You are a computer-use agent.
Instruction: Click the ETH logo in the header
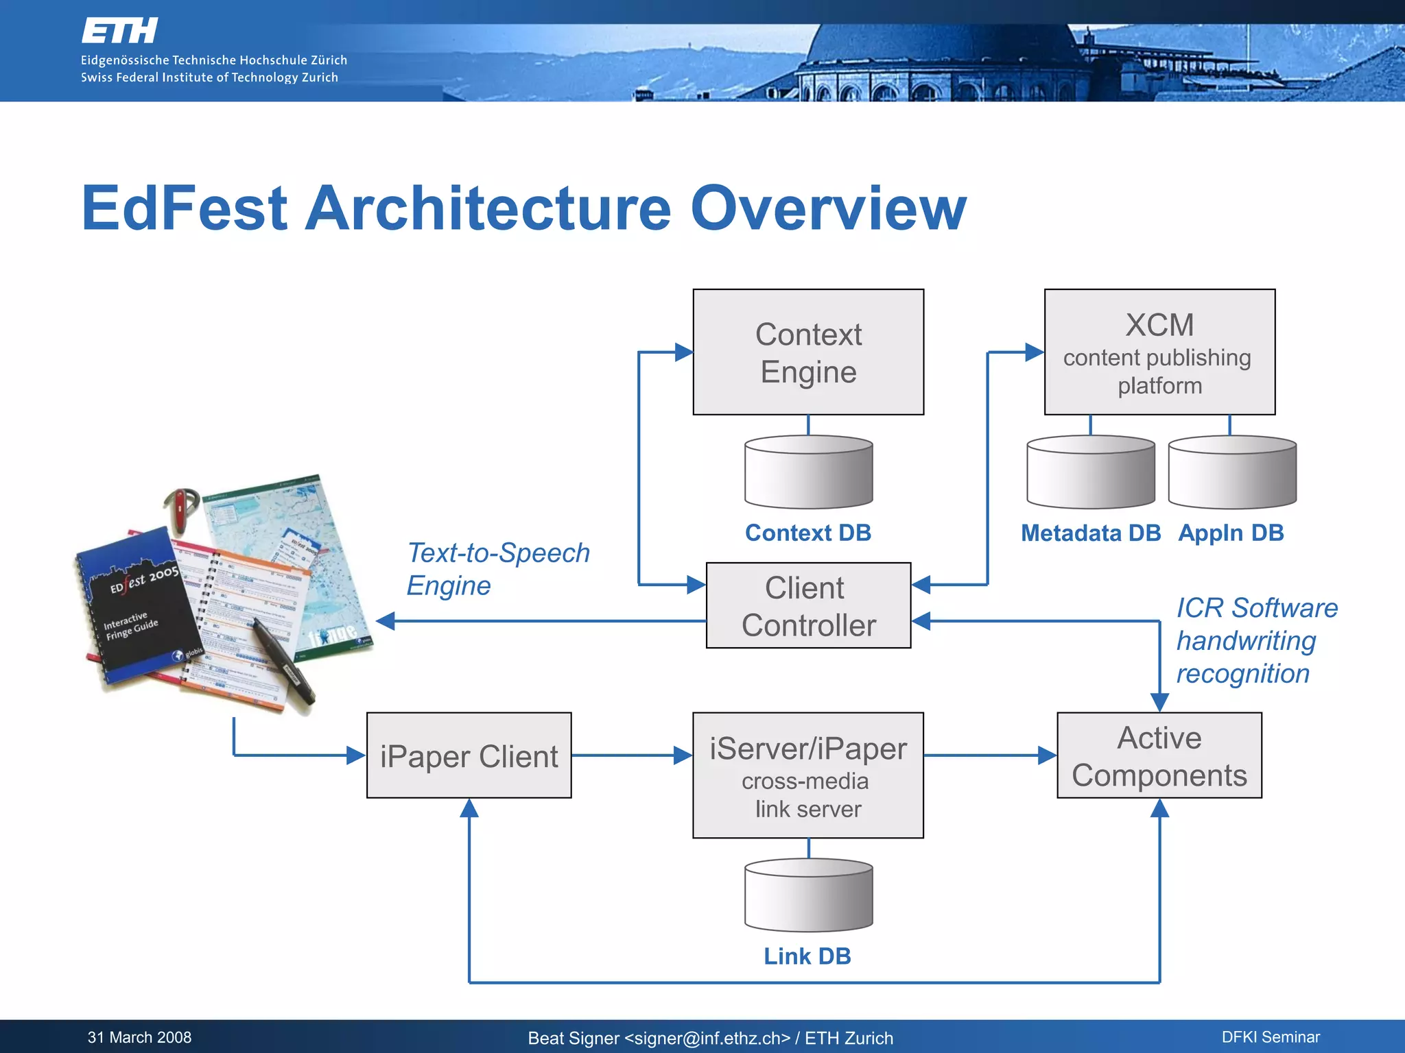(x=119, y=31)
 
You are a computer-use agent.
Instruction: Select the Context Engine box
(x=808, y=352)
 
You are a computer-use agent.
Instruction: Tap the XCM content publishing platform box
(x=1159, y=352)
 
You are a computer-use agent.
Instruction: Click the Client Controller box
(x=808, y=605)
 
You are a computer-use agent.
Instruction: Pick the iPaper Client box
(x=469, y=755)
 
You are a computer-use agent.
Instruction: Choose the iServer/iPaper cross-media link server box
(x=808, y=775)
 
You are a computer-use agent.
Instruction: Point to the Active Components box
(x=1159, y=755)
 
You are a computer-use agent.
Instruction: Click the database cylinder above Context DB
(x=808, y=473)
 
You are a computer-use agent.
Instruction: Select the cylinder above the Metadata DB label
(x=1090, y=473)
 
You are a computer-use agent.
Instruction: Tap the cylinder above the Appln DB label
(x=1232, y=473)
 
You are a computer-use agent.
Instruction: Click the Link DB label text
(x=807, y=956)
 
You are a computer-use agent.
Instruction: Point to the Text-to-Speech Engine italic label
(x=497, y=569)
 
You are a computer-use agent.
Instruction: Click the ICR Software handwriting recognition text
(x=1255, y=641)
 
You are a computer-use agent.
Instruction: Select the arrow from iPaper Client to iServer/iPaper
(x=631, y=755)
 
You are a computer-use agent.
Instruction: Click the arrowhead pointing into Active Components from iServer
(x=1047, y=755)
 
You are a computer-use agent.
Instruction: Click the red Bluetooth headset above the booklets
(x=180, y=508)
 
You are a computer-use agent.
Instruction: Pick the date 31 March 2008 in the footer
(x=139, y=1037)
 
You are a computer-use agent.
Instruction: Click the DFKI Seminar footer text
(x=1271, y=1037)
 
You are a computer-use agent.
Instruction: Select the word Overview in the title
(x=828, y=208)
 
